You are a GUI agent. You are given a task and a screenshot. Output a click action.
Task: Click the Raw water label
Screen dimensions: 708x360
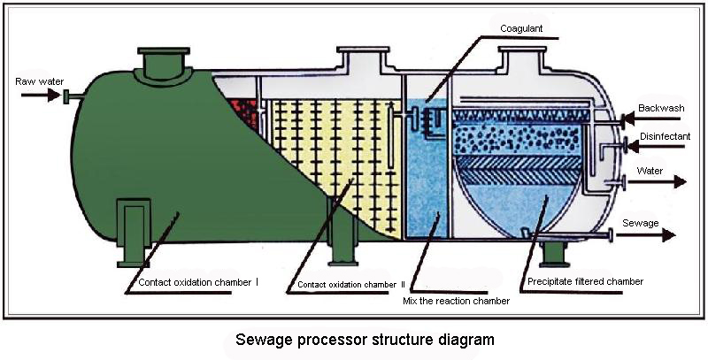39,81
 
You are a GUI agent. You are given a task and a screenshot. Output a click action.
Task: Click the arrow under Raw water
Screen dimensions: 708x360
41,96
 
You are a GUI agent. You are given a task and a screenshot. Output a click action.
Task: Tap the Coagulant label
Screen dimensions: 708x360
521,28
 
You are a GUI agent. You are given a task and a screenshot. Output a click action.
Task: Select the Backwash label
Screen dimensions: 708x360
661,108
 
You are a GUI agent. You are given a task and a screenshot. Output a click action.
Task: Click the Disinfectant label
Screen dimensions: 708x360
666,136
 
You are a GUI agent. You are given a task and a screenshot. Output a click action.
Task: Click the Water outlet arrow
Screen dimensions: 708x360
657,182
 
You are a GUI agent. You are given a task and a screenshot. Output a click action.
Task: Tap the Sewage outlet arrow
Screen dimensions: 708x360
646,235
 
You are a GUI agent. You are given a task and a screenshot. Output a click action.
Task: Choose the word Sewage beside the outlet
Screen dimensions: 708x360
640,223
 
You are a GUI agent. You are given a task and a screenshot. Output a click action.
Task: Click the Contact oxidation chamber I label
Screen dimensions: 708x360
198,282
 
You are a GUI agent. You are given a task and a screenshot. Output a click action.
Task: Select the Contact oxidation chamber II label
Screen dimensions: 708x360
351,285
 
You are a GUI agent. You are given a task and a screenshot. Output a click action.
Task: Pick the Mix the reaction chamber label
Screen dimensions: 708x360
456,301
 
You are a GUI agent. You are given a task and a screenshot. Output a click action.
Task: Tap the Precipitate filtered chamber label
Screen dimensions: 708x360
586,281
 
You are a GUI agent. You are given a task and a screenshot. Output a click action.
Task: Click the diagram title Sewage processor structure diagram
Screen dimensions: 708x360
365,340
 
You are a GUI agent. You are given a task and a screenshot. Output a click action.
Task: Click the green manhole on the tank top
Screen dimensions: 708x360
164,65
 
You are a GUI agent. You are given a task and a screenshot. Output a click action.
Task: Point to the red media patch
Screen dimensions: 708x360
244,113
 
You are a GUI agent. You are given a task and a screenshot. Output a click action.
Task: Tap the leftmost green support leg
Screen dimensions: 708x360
134,233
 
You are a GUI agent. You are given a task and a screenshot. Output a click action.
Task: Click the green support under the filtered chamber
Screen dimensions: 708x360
555,254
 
